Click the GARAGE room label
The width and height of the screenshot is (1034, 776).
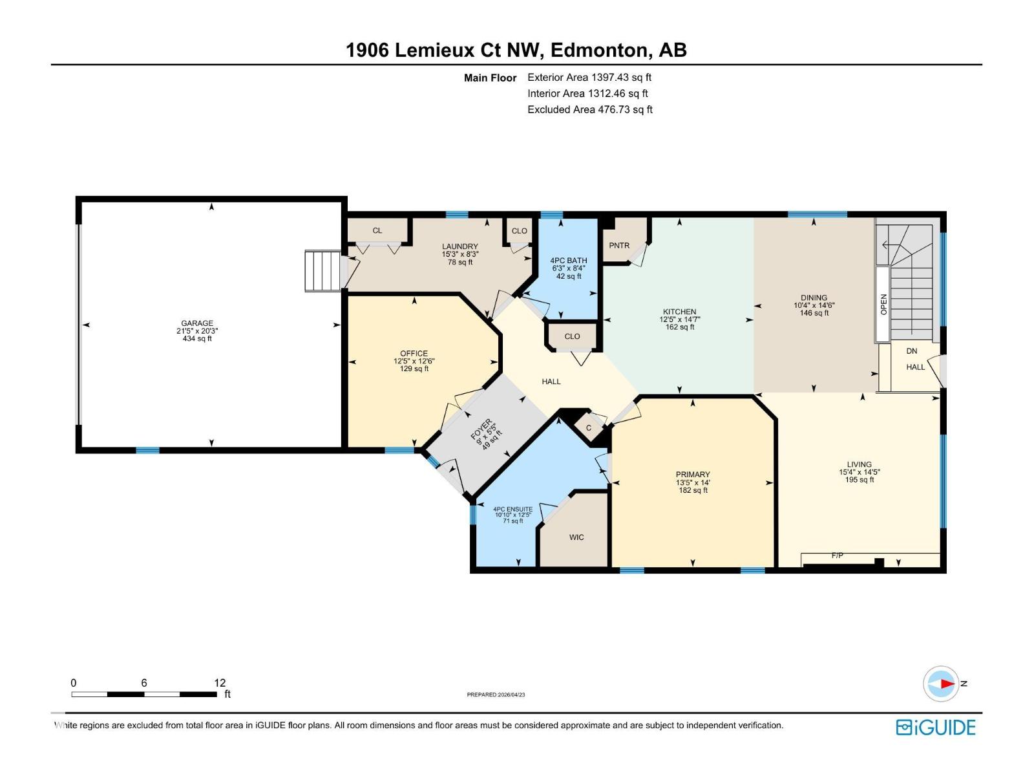197,323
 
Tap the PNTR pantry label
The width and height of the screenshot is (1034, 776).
619,246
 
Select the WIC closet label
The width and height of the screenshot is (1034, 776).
576,537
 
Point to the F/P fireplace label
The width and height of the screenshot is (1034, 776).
837,555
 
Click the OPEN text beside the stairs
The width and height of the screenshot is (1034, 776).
883,304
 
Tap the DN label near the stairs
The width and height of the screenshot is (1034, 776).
911,351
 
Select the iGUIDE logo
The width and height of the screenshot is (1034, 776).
935,727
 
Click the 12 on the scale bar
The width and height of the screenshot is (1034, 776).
220,683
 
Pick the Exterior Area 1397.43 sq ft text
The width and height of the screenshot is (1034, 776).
589,78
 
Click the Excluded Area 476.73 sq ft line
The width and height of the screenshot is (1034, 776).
589,110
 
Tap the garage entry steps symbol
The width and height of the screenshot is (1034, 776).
322,272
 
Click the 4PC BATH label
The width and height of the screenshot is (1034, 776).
569,261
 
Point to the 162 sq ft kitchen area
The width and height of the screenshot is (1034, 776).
680,327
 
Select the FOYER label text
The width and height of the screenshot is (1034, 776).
481,429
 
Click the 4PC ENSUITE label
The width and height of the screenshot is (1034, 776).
512,510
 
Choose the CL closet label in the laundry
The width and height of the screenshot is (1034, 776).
377,231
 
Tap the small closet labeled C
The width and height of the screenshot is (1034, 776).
589,428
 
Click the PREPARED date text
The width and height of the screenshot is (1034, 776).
496,695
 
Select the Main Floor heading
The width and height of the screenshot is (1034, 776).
490,78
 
